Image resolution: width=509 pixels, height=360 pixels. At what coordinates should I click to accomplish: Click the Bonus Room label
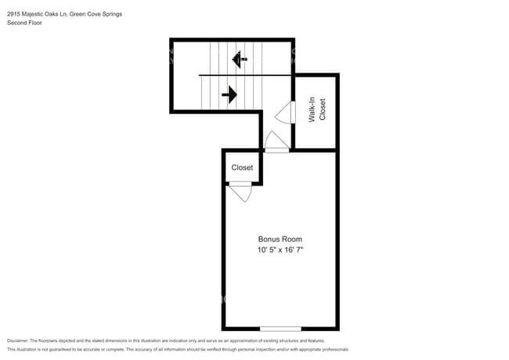[x=280, y=239]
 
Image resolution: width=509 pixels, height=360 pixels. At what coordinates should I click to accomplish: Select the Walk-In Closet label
[x=316, y=110]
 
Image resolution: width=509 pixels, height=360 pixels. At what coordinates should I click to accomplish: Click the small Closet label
[x=242, y=167]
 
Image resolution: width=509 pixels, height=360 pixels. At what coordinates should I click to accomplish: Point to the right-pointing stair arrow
[x=229, y=95]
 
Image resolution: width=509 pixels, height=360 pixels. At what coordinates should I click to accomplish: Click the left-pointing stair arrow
[x=240, y=59]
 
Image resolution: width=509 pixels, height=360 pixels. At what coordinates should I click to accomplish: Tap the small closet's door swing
[x=240, y=192]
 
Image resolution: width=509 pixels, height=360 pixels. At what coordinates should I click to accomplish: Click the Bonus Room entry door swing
[x=276, y=142]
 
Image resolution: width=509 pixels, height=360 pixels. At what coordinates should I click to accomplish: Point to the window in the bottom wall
[x=280, y=328]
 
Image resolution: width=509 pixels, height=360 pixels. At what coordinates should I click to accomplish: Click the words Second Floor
[x=23, y=23]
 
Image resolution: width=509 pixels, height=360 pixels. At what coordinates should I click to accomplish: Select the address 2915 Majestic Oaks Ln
[x=35, y=14]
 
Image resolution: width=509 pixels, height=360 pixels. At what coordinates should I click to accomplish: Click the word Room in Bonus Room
[x=292, y=239]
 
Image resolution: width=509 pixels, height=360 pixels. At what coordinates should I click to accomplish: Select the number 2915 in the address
[x=13, y=14]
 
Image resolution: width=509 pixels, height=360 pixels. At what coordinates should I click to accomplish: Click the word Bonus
[x=269, y=239]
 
